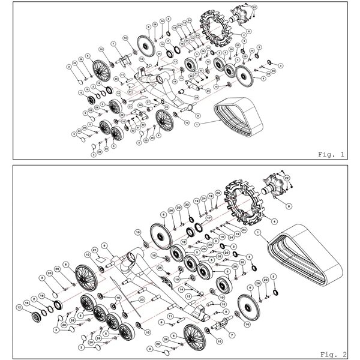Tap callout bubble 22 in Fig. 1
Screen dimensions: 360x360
pos(254,7)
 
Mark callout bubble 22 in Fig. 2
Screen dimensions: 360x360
pos(287,178)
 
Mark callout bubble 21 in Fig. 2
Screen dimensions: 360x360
pos(95,250)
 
